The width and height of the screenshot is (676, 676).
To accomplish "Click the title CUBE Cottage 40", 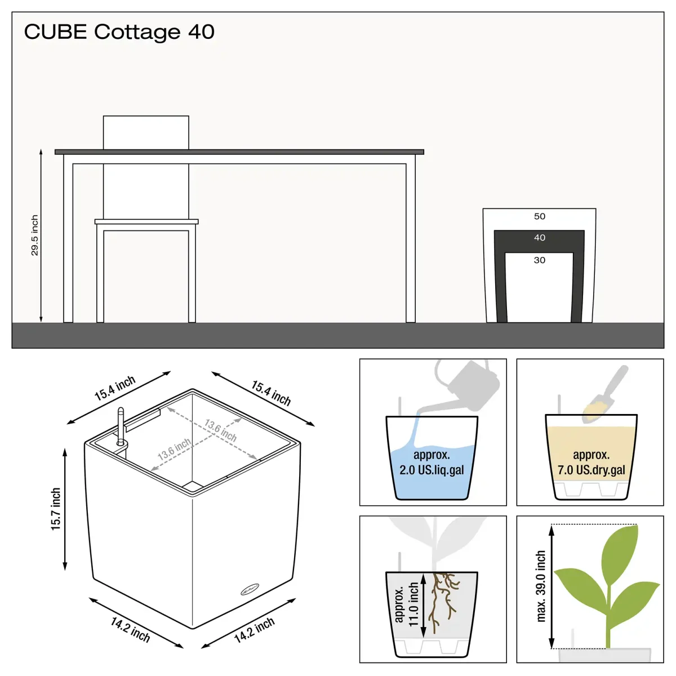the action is (x=119, y=32).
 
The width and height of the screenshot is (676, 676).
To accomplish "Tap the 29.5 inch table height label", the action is (x=34, y=235).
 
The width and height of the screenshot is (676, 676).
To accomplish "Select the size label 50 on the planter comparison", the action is (x=540, y=216).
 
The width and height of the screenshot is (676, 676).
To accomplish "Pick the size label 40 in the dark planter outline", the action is (x=540, y=238).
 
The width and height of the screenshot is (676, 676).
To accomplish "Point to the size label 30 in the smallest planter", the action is (x=540, y=260).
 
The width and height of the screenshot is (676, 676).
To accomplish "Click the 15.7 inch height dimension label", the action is (x=56, y=509).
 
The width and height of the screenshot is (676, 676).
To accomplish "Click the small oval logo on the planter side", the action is (x=250, y=590).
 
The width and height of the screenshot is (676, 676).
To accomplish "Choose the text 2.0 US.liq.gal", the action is (x=432, y=470).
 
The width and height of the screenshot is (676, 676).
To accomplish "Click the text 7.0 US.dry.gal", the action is (x=591, y=470).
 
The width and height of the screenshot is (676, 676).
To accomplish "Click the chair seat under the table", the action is (x=146, y=222).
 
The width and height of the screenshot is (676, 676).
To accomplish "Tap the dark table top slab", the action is (x=239, y=152).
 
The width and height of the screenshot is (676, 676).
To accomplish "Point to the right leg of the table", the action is (x=411, y=243).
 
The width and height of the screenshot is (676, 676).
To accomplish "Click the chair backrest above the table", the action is (x=146, y=132).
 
